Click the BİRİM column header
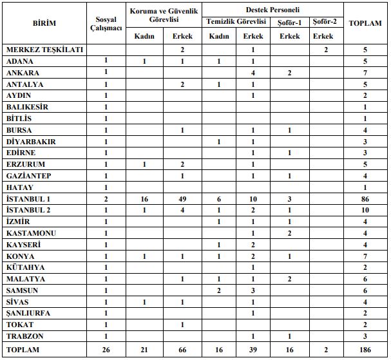[44, 23]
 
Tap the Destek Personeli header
[272, 10]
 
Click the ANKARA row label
[24, 72]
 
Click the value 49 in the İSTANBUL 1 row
[183, 199]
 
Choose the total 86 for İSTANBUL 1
[365, 199]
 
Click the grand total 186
[365, 349]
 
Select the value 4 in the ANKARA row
[253, 72]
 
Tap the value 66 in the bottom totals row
[183, 349]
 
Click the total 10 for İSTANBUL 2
[365, 210]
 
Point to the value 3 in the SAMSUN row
[253, 290]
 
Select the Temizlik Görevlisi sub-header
[236, 22]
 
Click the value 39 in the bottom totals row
[253, 349]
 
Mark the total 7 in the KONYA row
[365, 256]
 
